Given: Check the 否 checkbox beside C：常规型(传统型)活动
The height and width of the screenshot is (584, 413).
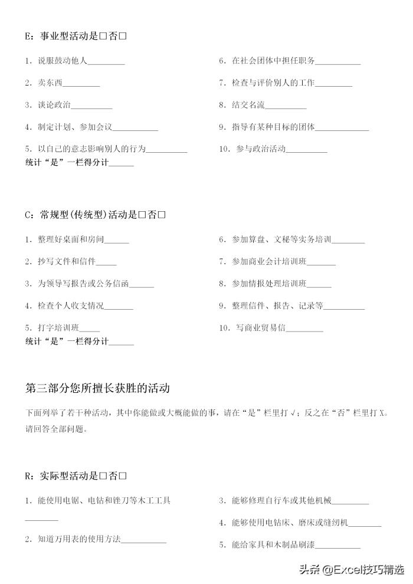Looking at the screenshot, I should (x=162, y=215).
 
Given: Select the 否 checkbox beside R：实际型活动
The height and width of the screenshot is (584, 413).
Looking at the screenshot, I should (x=123, y=475).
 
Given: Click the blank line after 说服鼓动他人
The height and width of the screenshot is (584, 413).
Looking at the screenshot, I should (x=106, y=62).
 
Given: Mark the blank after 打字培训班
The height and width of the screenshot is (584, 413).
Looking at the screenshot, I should (x=89, y=328).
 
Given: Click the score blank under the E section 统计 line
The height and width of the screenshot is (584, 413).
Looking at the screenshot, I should (x=122, y=164).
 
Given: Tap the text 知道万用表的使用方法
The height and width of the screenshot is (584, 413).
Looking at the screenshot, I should (x=79, y=539).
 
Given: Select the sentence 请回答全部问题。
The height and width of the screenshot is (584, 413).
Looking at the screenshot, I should (x=56, y=429).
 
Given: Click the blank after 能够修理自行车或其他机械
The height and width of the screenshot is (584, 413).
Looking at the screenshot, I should (x=350, y=502).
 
